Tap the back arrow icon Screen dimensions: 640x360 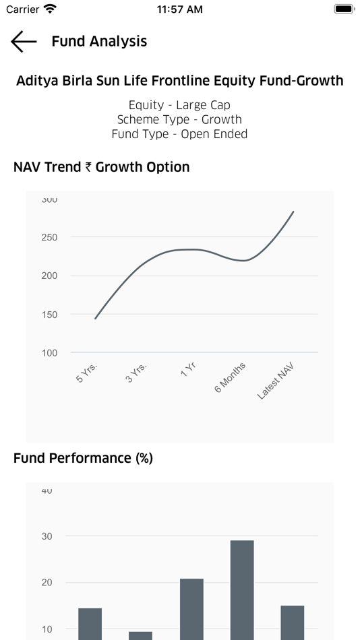[x=24, y=41]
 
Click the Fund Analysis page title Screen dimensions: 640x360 [x=99, y=41]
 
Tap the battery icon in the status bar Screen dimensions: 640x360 [x=344, y=9]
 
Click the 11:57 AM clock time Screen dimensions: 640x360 [x=179, y=9]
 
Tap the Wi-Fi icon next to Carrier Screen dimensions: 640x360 [x=51, y=9]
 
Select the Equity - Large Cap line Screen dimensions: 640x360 [x=179, y=105]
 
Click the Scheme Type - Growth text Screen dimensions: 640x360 [x=179, y=119]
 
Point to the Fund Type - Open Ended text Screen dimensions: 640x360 [x=179, y=134]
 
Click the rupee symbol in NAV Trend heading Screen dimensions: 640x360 [x=88, y=167]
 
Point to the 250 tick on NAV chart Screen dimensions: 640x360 [x=49, y=237]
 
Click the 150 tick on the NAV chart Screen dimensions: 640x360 [x=49, y=315]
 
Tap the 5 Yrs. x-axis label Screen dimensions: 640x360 [x=87, y=373]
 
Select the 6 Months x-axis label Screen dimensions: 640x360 [x=230, y=377]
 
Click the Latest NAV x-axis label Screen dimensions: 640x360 [x=275, y=381]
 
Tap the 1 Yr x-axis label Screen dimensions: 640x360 [x=188, y=369]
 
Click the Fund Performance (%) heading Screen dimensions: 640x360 [x=83, y=458]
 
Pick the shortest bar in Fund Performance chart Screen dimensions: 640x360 [x=140, y=635]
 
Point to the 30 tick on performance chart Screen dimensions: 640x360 [x=47, y=536]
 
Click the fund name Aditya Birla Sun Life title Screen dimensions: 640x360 [x=179, y=81]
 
